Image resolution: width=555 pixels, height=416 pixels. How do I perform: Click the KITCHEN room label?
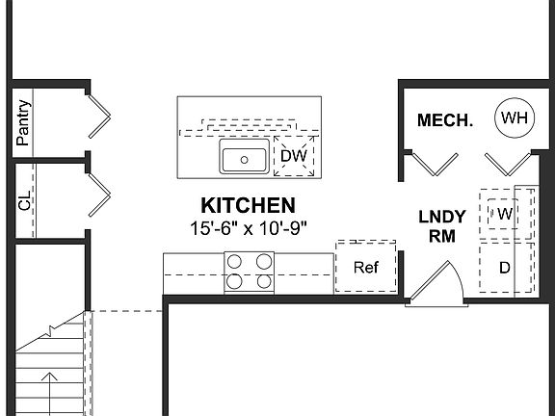(x=247, y=205)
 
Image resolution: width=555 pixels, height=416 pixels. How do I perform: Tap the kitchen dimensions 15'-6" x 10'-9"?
(x=248, y=228)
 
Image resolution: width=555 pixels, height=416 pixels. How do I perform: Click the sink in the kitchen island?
(x=244, y=157)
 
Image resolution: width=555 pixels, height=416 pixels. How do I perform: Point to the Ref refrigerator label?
(x=365, y=268)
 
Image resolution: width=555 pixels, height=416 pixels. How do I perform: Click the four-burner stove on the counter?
(x=250, y=272)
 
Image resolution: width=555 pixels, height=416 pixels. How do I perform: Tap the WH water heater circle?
(x=515, y=118)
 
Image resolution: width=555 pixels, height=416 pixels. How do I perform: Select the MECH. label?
(x=444, y=120)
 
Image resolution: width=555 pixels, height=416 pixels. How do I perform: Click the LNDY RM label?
(x=442, y=225)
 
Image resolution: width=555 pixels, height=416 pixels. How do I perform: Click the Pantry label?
(x=23, y=122)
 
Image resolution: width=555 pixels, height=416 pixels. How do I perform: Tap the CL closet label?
(x=24, y=201)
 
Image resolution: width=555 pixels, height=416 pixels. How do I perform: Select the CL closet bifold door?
(x=97, y=195)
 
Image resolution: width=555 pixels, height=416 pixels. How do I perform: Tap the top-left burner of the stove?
(x=237, y=261)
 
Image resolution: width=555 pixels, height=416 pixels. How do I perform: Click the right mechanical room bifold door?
(x=507, y=163)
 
